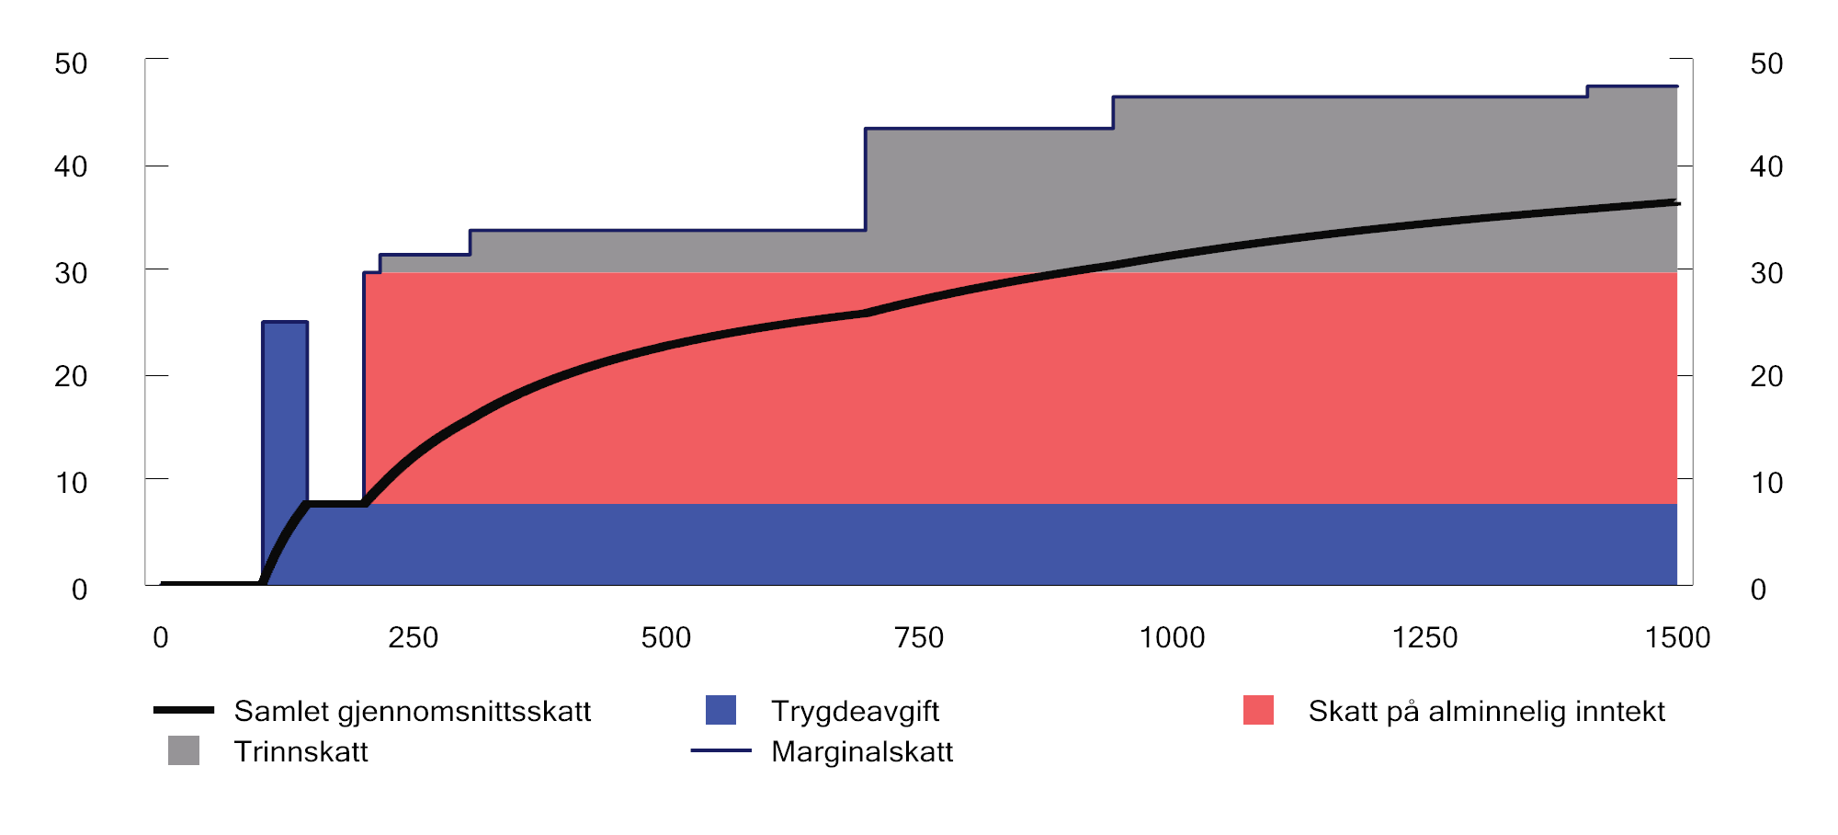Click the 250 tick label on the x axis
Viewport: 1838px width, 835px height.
pos(413,637)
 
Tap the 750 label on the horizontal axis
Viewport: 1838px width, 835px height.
pos(919,637)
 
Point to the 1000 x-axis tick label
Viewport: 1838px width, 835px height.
pos(1172,637)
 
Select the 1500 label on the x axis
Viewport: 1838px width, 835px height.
pos(1677,637)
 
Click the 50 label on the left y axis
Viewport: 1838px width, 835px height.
pos(71,63)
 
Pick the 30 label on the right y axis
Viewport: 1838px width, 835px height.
pos(1766,273)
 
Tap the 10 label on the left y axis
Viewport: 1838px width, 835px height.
pos(71,483)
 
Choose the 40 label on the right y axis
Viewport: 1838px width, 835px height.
pos(1766,166)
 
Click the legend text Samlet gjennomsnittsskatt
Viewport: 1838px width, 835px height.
pos(412,711)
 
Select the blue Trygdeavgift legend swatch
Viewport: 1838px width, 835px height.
pos(720,710)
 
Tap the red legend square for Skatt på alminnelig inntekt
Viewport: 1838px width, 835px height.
pos(1258,710)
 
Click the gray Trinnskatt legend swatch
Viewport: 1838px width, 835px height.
pos(184,750)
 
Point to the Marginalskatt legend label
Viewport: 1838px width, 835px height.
pos(861,751)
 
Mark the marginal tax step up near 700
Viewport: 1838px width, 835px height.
pos(866,179)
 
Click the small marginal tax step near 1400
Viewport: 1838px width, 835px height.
pos(1587,91)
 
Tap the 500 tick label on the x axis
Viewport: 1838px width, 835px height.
pos(665,637)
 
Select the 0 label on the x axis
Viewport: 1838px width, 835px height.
pos(161,637)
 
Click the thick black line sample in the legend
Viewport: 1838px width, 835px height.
pos(184,710)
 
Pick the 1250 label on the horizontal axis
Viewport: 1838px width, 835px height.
pos(1424,637)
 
